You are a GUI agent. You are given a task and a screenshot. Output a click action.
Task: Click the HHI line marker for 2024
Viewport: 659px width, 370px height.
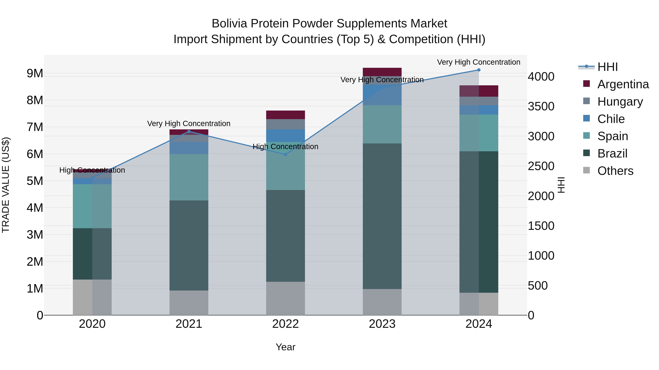click(x=479, y=70)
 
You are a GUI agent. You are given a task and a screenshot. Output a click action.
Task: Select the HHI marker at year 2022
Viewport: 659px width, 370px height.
click(x=286, y=154)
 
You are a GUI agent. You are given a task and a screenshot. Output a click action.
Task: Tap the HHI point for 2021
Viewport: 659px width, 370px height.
click(x=189, y=132)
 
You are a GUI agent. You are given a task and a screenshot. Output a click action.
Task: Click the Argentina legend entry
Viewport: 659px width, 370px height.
click(x=623, y=84)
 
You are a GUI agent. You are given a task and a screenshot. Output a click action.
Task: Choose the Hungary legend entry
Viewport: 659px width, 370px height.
click(x=620, y=102)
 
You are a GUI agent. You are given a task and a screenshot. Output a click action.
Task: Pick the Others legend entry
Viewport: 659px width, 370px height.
click(x=615, y=171)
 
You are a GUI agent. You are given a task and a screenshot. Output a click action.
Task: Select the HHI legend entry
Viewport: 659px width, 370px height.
click(x=607, y=67)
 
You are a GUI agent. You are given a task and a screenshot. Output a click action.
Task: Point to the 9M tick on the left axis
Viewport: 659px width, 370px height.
click(x=35, y=73)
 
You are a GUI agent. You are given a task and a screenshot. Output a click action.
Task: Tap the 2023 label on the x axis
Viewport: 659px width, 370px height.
click(x=382, y=324)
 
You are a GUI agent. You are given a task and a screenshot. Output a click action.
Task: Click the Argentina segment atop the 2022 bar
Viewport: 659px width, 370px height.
click(x=286, y=115)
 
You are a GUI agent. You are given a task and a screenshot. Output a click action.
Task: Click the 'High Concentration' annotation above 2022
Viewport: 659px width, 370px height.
click(x=286, y=147)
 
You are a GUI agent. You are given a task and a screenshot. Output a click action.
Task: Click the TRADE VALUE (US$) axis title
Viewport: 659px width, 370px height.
click(x=6, y=185)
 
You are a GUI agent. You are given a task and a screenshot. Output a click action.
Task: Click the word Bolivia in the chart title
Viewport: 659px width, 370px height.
click(x=229, y=24)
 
